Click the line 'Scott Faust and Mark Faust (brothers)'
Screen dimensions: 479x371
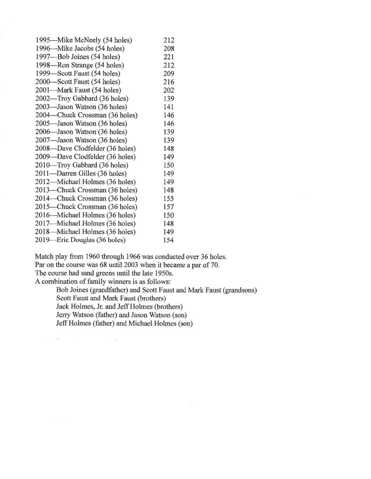coord(113,298)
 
